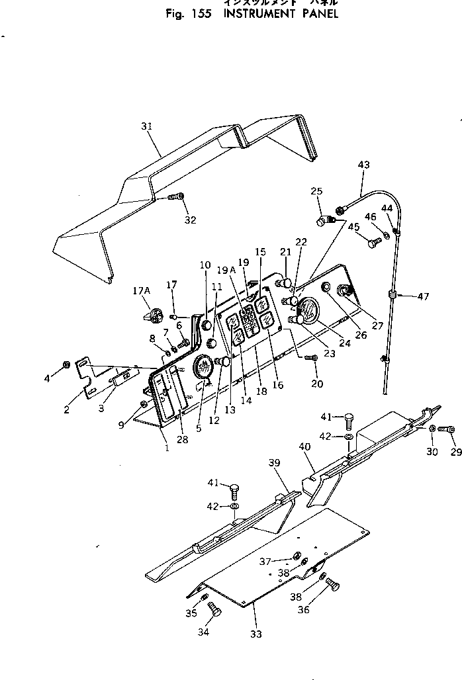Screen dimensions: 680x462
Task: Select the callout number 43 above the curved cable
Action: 363,165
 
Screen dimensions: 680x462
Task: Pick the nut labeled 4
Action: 66,364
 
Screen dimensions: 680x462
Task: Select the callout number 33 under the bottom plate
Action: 255,634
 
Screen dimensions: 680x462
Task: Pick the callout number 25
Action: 316,192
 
